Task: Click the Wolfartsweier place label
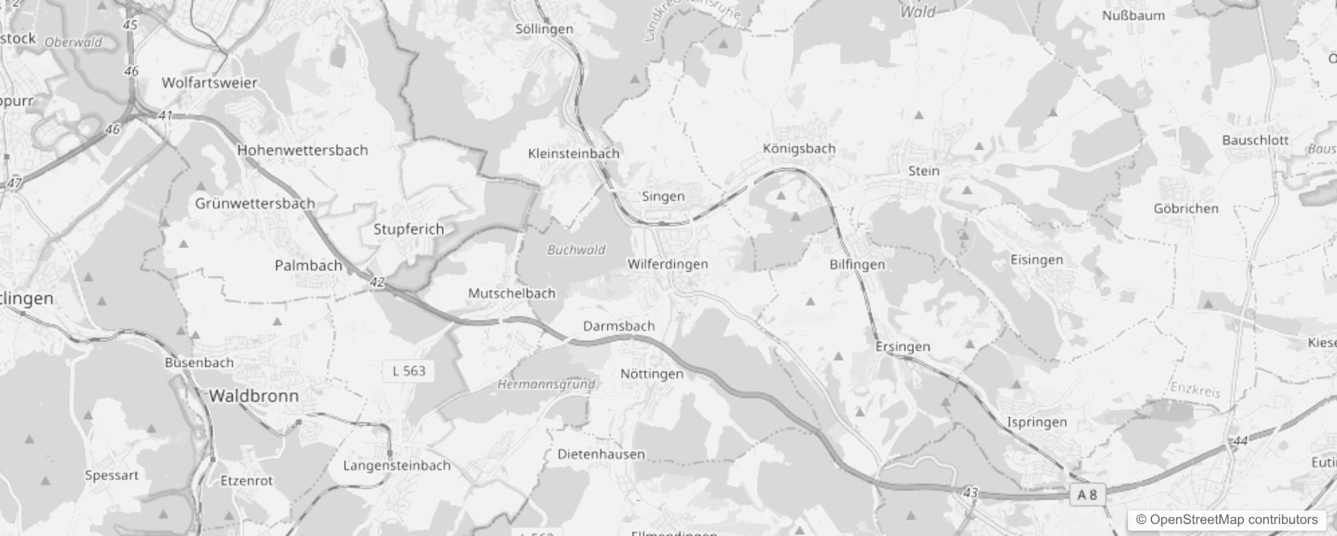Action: pos(210,83)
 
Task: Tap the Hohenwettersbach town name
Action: pos(303,150)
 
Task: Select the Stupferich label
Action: pos(409,229)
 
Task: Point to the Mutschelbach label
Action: pos(512,293)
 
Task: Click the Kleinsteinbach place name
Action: pos(573,153)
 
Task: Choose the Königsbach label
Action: pos(799,149)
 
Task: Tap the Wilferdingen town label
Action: pos(667,264)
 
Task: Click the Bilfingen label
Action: pos(857,265)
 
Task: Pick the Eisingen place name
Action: pos(1036,260)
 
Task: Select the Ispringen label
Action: pos(1037,422)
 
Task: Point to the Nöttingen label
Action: pos(652,374)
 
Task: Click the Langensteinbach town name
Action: pos(397,466)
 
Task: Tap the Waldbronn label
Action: pos(254,396)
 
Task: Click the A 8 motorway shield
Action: pos(1086,495)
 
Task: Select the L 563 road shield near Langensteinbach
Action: pos(409,371)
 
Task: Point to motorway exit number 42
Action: pos(377,283)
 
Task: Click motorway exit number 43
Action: pos(970,493)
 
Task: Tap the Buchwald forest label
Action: pos(576,250)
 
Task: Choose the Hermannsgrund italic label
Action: pos(546,385)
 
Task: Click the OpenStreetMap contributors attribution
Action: pos(1226,520)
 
